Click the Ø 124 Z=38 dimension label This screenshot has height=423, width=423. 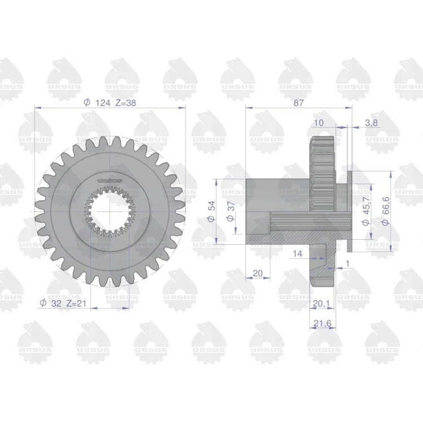[x=110, y=103]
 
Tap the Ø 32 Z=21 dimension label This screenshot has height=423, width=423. [x=63, y=303]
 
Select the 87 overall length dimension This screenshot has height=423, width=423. [x=298, y=103]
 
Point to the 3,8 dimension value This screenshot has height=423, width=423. [x=371, y=123]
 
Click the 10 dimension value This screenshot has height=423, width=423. [x=319, y=123]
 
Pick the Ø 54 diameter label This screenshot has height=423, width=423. [x=211, y=211]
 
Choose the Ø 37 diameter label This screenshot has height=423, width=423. [x=231, y=211]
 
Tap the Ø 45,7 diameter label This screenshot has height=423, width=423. [x=366, y=211]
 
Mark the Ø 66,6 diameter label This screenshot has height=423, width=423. [x=386, y=211]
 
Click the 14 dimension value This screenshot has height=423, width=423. [x=297, y=254]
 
